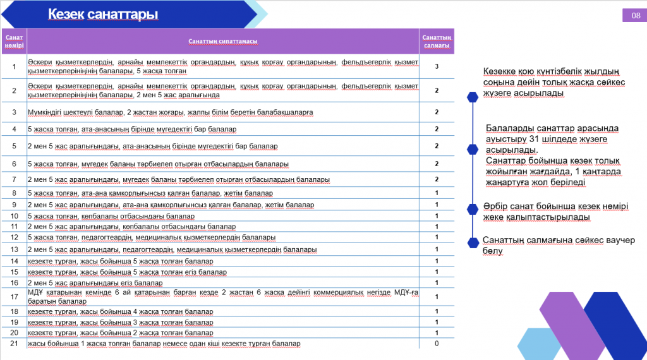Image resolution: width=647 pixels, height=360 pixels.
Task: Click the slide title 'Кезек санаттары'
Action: pyautogui.click(x=103, y=15)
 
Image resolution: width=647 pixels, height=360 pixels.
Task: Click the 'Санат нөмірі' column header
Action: pyautogui.click(x=14, y=42)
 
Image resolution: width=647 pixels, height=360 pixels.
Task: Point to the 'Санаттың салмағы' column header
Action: pyautogui.click(x=437, y=42)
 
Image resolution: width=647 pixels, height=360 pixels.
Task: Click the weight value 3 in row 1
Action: pyautogui.click(x=437, y=66)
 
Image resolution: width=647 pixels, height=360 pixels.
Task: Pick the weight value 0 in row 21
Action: pyautogui.click(x=437, y=344)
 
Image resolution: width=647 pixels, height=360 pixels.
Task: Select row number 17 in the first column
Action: pyautogui.click(x=14, y=296)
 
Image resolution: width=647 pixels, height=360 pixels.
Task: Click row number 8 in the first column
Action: pyautogui.click(x=14, y=193)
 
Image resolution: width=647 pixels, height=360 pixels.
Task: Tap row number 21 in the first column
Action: pyautogui.click(x=14, y=344)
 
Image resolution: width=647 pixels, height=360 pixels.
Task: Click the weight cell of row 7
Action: pyautogui.click(x=437, y=179)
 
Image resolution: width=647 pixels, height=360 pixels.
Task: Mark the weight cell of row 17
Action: pyautogui.click(x=437, y=296)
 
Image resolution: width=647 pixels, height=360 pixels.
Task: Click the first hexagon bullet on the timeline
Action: pyautogui.click(x=472, y=97)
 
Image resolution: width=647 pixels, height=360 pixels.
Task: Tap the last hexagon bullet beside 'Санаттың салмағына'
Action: pyautogui.click(x=472, y=242)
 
